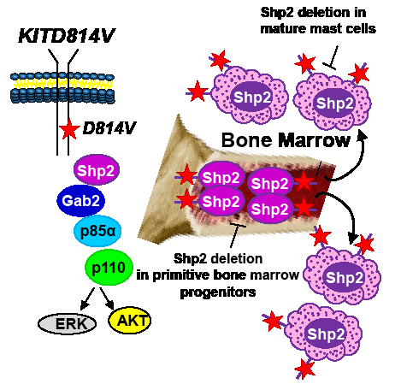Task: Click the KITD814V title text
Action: click(x=67, y=35)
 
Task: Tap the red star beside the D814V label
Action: click(x=68, y=129)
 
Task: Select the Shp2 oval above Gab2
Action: click(x=97, y=170)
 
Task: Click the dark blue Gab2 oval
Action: click(x=80, y=201)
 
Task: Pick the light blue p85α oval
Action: click(x=97, y=231)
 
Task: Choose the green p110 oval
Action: click(x=109, y=267)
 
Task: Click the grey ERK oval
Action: click(x=67, y=323)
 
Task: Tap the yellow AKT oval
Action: click(x=130, y=321)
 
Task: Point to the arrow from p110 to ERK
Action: click(x=87, y=298)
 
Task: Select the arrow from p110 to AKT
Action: click(x=107, y=298)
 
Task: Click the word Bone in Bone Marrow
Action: click(x=247, y=140)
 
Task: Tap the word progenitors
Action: click(x=218, y=292)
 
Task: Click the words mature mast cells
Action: click(x=318, y=28)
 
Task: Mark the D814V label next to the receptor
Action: click(x=109, y=128)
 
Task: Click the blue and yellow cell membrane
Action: click(x=62, y=87)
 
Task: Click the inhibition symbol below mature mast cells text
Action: click(x=333, y=57)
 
